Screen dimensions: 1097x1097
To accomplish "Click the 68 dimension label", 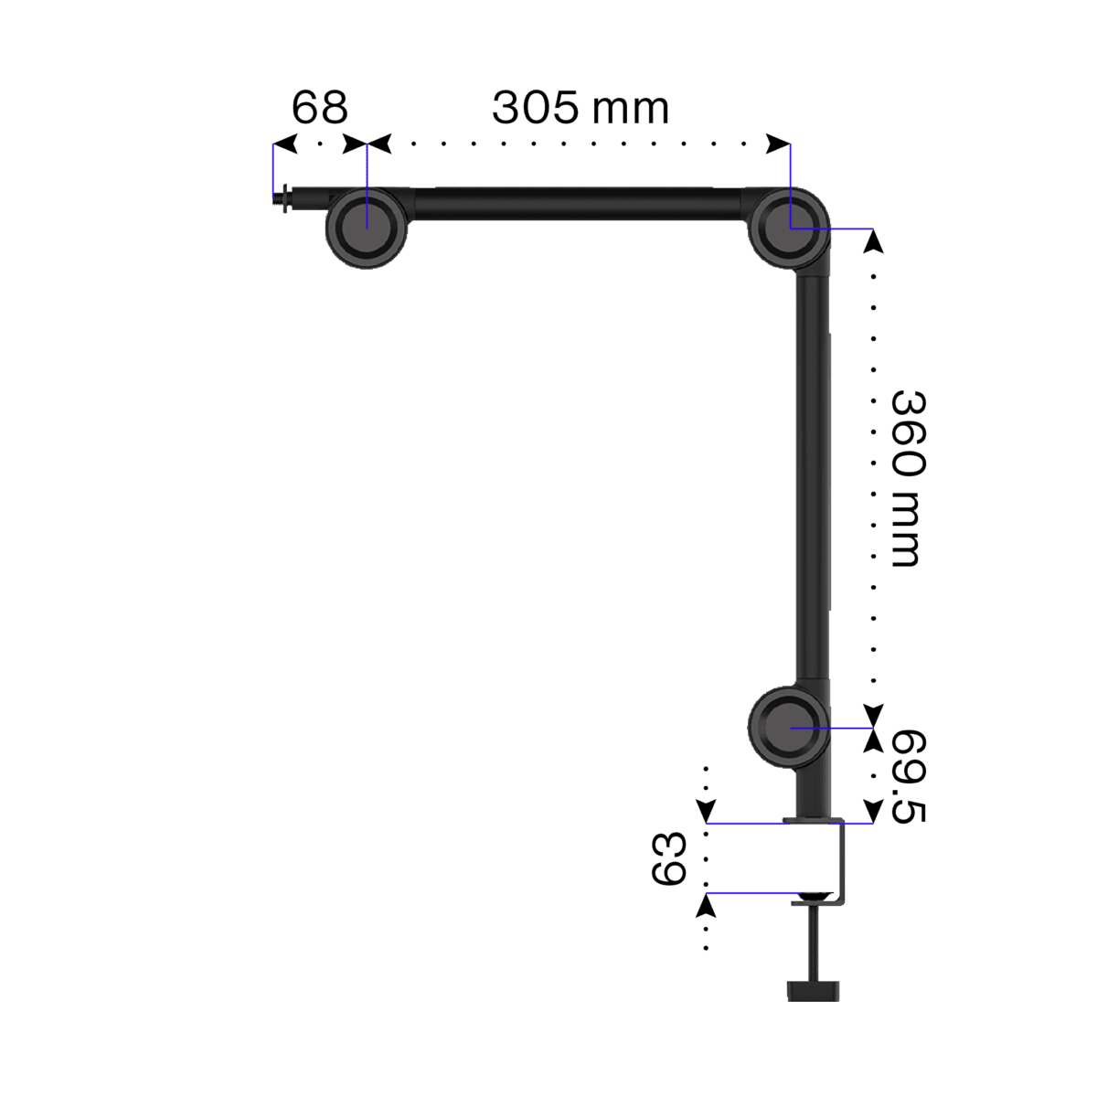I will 319,108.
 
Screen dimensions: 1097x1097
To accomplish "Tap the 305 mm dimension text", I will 580,108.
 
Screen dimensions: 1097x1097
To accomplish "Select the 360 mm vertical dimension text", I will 908,478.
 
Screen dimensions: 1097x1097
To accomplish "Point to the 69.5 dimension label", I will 908,776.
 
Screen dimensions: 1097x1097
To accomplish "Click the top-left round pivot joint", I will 366,226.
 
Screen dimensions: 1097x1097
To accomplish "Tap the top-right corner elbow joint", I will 789,227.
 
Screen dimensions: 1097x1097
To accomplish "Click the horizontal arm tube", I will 576,203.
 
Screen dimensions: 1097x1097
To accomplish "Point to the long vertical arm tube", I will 813,475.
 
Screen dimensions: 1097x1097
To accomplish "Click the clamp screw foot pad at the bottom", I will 813,990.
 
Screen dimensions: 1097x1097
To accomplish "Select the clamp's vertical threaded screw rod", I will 813,942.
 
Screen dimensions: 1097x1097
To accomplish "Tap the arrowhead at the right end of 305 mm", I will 779,144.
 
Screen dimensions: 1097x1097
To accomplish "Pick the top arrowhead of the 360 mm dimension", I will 874,240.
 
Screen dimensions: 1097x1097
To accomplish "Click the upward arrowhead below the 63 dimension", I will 706,904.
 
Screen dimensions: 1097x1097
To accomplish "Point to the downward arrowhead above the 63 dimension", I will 706,811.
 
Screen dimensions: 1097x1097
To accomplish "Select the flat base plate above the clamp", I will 813,819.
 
